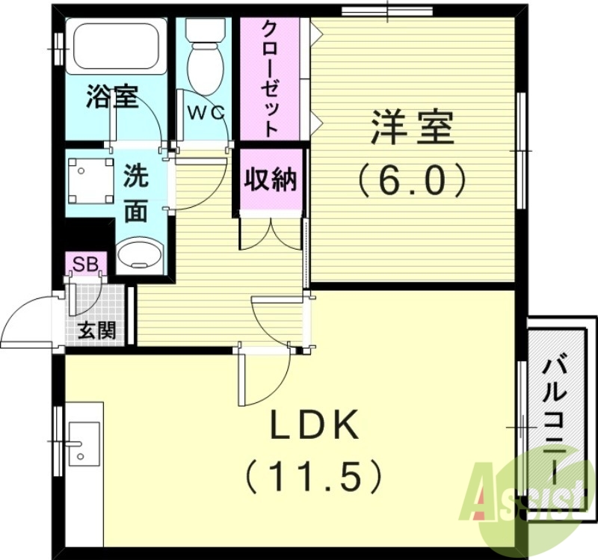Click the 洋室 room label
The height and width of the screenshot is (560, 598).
pyautogui.click(x=412, y=129)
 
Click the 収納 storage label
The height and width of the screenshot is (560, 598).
pyautogui.click(x=271, y=179)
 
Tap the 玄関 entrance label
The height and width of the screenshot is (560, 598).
pyautogui.click(x=97, y=330)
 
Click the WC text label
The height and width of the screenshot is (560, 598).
pyautogui.click(x=205, y=113)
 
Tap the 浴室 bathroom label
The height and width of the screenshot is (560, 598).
pyautogui.click(x=112, y=97)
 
